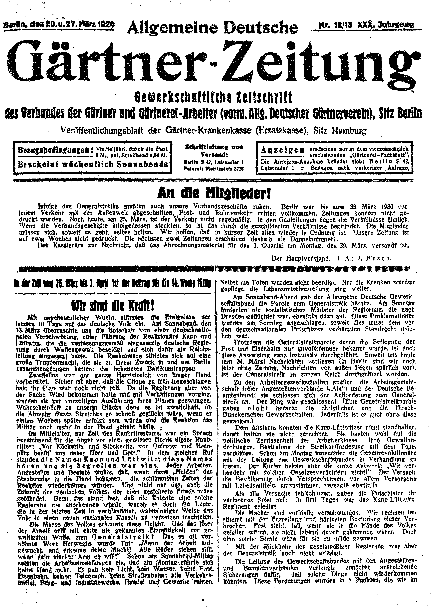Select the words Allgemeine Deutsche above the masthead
coord(213,28)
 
